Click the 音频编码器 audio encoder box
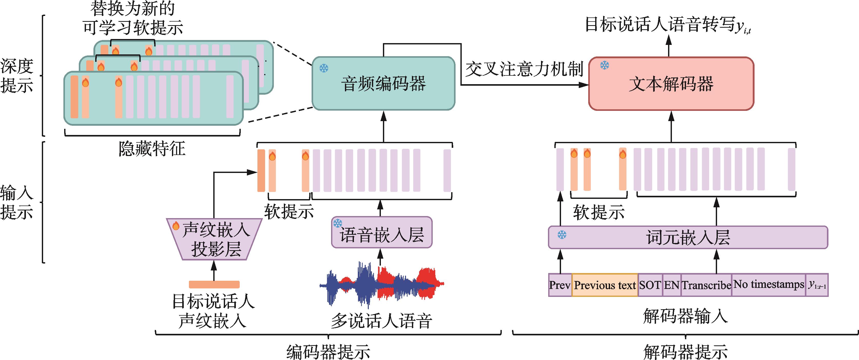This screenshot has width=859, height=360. pos(383,83)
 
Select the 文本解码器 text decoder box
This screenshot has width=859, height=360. pos(671,83)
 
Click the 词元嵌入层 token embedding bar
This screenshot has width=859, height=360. pos(688,237)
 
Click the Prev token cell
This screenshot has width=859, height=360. pos(560,285)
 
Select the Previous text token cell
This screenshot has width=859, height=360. pos(605,285)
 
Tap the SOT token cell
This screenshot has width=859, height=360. pos(650,285)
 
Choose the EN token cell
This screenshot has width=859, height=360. pos(672,285)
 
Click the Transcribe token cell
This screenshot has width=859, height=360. pos(706,285)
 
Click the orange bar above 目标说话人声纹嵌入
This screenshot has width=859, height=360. pos(214,284)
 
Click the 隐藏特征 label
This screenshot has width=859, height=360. pos(152,149)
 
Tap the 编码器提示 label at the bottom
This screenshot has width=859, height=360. pos(328,352)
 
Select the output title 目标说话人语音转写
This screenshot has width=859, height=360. pos(660,25)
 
